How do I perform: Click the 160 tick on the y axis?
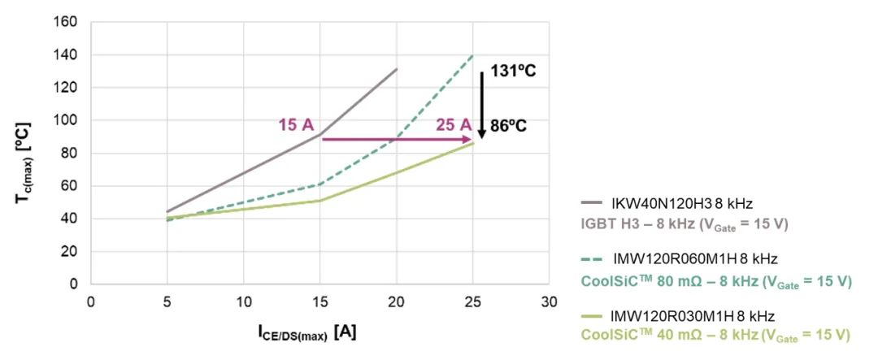[x=67, y=22]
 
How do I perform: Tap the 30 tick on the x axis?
[x=550, y=301]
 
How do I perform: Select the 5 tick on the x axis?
[x=167, y=301]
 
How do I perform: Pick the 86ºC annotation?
[x=508, y=127]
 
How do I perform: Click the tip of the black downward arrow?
[x=482, y=137]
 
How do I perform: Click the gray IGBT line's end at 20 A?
[x=397, y=69]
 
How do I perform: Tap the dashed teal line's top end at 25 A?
[x=473, y=55]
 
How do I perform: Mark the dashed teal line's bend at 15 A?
[x=320, y=184]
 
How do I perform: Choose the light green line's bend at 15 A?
[x=320, y=201]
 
